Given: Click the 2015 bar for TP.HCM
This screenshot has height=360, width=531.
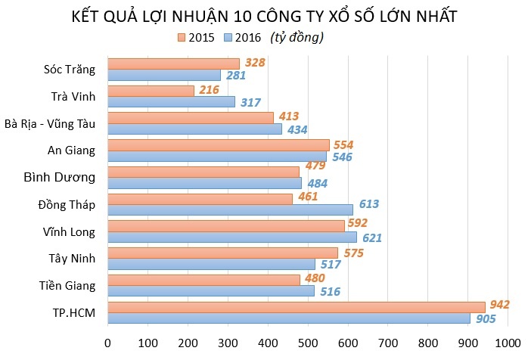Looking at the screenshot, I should click(297, 306).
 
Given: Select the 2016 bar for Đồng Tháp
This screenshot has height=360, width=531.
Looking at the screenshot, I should click(230, 209).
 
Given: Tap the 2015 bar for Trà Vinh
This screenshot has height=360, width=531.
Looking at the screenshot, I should click(151, 91).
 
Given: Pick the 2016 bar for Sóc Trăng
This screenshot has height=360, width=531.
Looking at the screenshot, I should click(164, 75).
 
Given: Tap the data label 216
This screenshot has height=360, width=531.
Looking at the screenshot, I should click(208, 90).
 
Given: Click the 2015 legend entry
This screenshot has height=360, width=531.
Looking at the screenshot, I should click(196, 36).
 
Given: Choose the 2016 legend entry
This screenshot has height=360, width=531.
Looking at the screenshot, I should click(241, 36).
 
